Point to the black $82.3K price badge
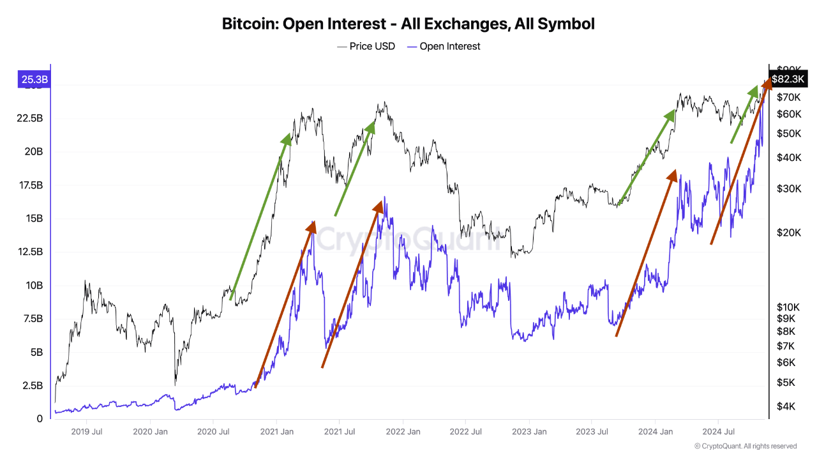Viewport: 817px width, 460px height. coord(788,79)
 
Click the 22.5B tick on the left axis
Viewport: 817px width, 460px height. coord(31,119)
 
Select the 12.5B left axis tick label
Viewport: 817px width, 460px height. coord(31,252)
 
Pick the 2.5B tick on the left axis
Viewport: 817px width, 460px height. coord(33,385)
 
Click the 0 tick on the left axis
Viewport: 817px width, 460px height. coord(40,418)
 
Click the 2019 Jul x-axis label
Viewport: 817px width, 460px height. coord(87,432)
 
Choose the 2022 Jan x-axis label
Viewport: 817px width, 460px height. coord(403,432)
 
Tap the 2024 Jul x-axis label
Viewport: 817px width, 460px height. coord(717,432)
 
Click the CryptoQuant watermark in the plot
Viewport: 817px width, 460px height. coord(408,240)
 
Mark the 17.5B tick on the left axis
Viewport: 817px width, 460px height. coord(31,185)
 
